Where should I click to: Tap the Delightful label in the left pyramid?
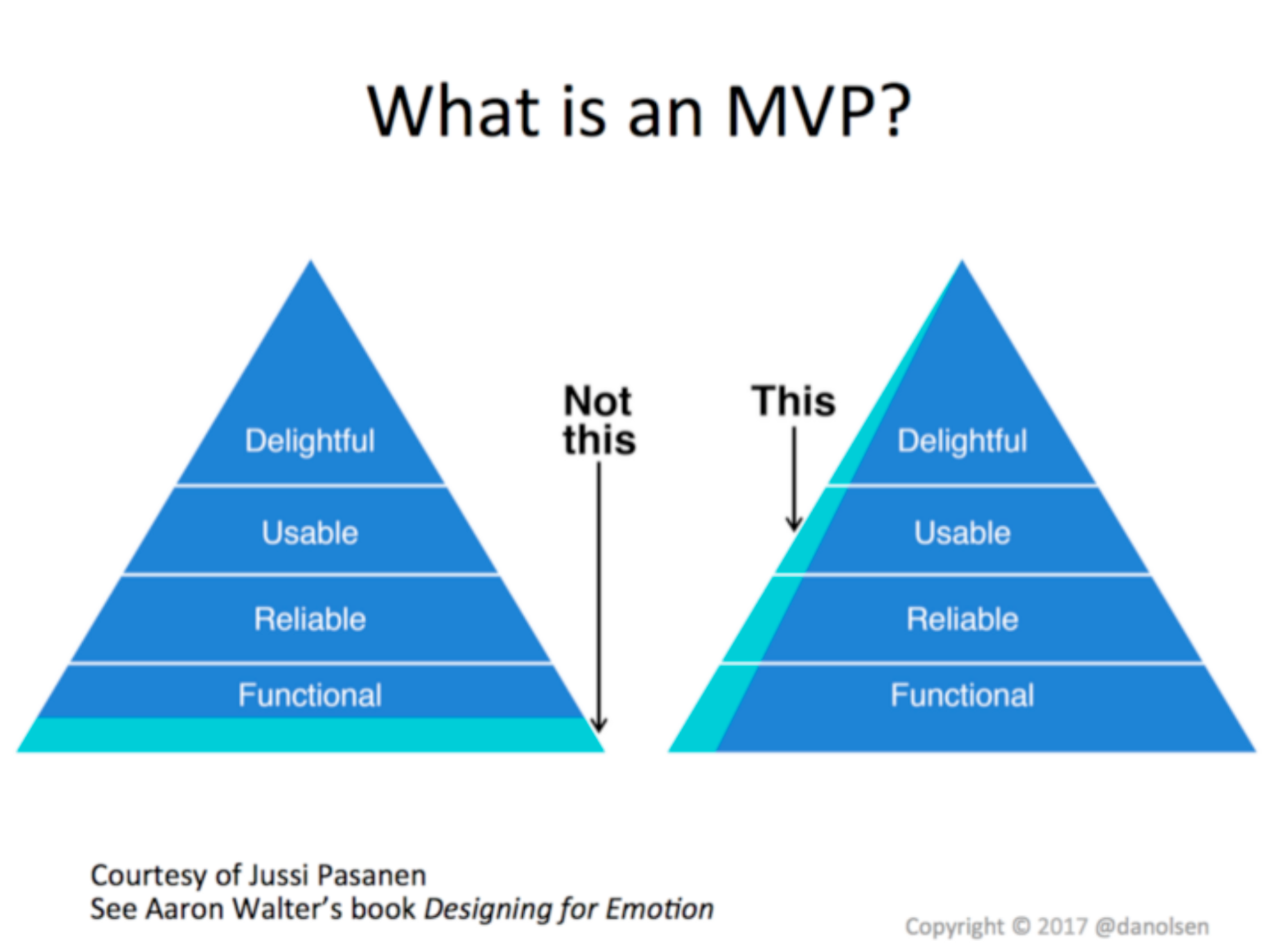coord(310,441)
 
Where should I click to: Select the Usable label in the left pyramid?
coord(310,533)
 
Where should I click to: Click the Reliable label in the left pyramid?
coord(310,619)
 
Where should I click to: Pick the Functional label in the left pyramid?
coord(310,695)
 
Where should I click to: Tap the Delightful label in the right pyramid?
coord(962,441)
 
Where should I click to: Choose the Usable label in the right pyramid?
coord(962,533)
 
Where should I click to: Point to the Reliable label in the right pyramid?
coord(962,619)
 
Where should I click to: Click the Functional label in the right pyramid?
coord(962,695)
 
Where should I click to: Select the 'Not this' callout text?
coord(599,420)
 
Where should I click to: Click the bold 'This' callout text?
coord(794,401)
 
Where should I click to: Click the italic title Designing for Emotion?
coord(569,909)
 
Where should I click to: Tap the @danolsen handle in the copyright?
coord(1152,926)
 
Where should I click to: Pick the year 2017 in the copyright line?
coord(1062,926)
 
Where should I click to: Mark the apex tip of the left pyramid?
coord(312,263)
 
